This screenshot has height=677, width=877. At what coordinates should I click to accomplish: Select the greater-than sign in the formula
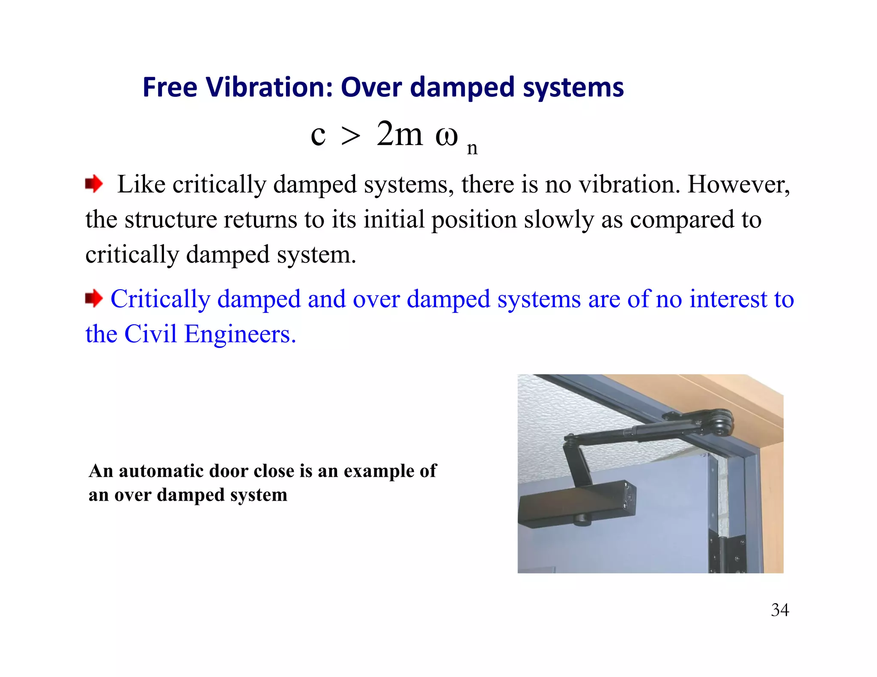point(350,137)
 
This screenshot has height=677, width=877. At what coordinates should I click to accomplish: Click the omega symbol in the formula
point(447,136)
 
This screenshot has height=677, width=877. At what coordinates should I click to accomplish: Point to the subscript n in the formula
point(472,148)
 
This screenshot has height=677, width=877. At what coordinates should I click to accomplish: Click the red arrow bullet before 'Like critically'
point(94,184)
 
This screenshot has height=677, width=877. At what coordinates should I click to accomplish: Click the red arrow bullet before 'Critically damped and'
point(94,298)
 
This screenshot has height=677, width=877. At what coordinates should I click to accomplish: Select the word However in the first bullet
point(738,184)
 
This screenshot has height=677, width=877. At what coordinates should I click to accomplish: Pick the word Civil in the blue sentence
point(150,334)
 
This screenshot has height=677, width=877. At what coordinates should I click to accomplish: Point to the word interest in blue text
point(728,299)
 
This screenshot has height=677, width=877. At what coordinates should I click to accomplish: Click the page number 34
point(780,610)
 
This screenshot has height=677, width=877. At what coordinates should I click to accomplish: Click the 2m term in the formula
point(399,134)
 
